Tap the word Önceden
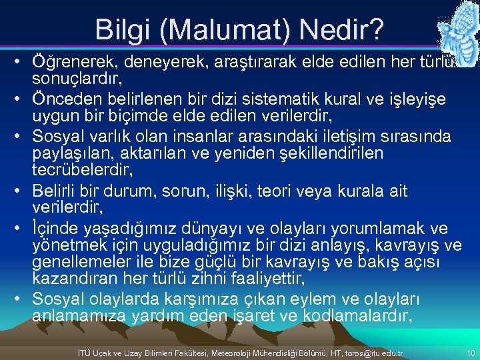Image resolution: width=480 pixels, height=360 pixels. pos(63,99)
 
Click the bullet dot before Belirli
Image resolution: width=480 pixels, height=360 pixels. pos(22,191)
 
